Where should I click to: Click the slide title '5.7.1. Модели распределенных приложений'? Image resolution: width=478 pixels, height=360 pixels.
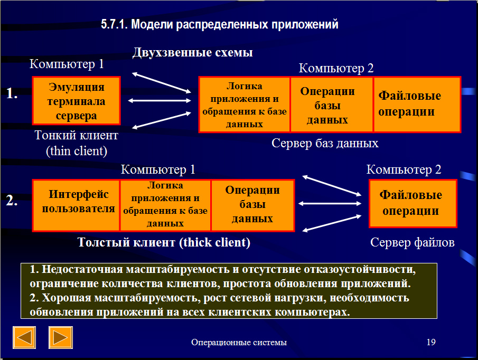pyautogui.click(x=220, y=24)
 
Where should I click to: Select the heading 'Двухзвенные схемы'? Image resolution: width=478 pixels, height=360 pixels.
pyautogui.click(x=193, y=52)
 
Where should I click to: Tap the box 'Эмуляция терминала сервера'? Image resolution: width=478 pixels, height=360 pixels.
pyautogui.click(x=76, y=101)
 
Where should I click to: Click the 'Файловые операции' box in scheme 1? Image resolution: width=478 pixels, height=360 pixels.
pyautogui.click(x=417, y=105)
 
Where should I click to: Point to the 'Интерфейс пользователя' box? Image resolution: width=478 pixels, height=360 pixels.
pyautogui.click(x=76, y=205)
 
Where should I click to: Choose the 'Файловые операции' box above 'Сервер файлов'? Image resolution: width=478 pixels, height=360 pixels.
pyautogui.click(x=413, y=203)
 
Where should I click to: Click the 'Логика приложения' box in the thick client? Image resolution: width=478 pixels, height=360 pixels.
pyautogui.click(x=165, y=205)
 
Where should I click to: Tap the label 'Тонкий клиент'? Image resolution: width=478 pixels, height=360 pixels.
pyautogui.click(x=76, y=135)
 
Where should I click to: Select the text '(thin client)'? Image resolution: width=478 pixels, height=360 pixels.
pyautogui.click(x=77, y=151)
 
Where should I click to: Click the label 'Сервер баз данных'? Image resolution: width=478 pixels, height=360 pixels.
pyautogui.click(x=325, y=143)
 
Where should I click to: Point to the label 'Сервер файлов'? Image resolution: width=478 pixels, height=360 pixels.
pyautogui.click(x=412, y=242)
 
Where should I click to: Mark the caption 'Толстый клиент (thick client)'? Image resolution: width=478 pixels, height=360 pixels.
pyautogui.click(x=164, y=242)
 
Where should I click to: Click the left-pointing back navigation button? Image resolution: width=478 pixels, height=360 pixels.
pyautogui.click(x=24, y=337)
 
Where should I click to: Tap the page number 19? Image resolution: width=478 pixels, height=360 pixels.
pyautogui.click(x=431, y=343)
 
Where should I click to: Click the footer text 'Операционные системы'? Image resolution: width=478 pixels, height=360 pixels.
pyautogui.click(x=239, y=343)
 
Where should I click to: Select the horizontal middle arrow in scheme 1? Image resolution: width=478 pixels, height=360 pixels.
pyautogui.click(x=160, y=100)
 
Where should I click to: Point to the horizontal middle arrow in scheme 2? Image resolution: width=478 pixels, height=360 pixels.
pyautogui.click(x=330, y=203)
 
